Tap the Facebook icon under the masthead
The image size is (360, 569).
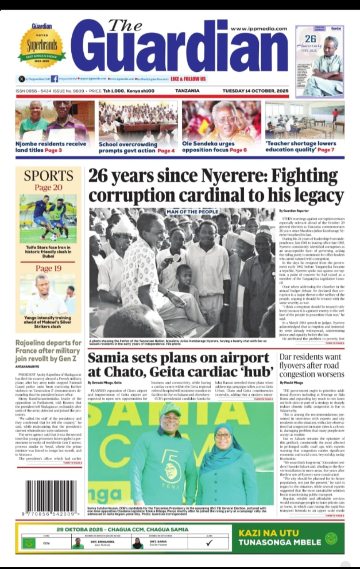point(55,78)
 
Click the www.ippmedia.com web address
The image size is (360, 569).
point(259,29)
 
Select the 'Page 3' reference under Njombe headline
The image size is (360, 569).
point(54,150)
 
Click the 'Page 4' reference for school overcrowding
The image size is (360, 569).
point(166,150)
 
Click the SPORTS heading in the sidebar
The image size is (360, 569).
point(48,176)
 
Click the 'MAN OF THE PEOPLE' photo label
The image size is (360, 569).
point(192,212)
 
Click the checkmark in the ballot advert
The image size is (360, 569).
point(209,543)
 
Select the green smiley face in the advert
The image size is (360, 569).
point(331,538)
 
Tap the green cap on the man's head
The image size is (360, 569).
point(170,409)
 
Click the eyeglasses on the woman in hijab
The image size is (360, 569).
point(223,436)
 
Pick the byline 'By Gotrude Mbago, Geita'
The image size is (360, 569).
point(105,382)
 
